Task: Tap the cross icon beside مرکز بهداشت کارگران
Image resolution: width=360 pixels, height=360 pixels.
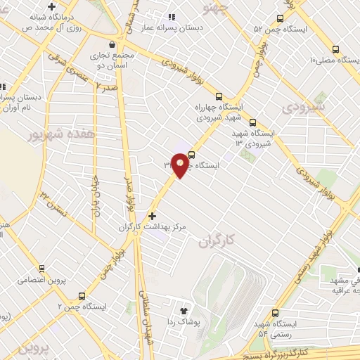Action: [152, 216]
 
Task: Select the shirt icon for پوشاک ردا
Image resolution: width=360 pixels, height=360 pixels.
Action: [184, 310]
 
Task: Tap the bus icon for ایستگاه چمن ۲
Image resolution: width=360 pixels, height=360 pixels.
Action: [82, 296]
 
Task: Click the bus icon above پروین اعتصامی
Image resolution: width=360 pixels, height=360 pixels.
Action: [41, 269]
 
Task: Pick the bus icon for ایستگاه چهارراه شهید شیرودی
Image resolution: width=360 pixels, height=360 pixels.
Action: [219, 97]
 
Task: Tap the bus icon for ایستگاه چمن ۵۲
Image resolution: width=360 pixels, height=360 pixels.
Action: [280, 19]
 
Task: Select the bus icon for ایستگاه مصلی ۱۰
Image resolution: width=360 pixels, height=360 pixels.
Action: [335, 50]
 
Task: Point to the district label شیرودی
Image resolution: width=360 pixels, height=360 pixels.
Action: [303, 108]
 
